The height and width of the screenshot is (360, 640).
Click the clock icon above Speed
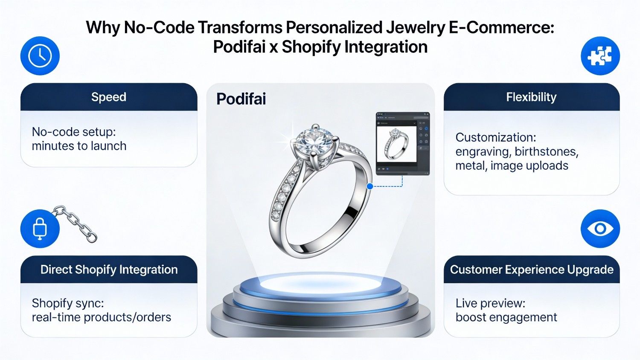pyautogui.click(x=40, y=56)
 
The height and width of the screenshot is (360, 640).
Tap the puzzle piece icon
pyautogui.click(x=600, y=56)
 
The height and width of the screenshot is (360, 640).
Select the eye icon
pyautogui.click(x=600, y=229)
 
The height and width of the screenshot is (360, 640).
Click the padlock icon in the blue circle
pyautogui.click(x=40, y=229)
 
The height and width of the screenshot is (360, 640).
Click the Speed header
pyautogui.click(x=109, y=97)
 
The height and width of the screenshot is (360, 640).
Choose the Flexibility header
pyautogui.click(x=531, y=97)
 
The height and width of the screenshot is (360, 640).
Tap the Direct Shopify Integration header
pyautogui.click(x=109, y=270)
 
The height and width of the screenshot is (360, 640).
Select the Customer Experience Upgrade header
pyautogui.click(x=532, y=270)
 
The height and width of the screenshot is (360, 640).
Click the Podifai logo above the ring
pyautogui.click(x=241, y=99)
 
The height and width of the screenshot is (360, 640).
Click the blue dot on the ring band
pyautogui.click(x=370, y=186)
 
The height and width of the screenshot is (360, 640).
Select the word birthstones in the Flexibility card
pyautogui.click(x=547, y=152)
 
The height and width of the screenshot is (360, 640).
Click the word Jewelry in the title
pyautogui.click(x=415, y=28)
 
